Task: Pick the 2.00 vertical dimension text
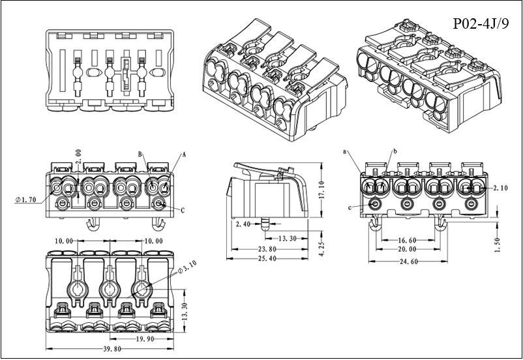tap(78, 157)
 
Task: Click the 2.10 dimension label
tap(500, 187)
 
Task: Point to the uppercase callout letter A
tap(184, 155)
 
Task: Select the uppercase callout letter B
tap(140, 153)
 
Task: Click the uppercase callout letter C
tap(182, 209)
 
